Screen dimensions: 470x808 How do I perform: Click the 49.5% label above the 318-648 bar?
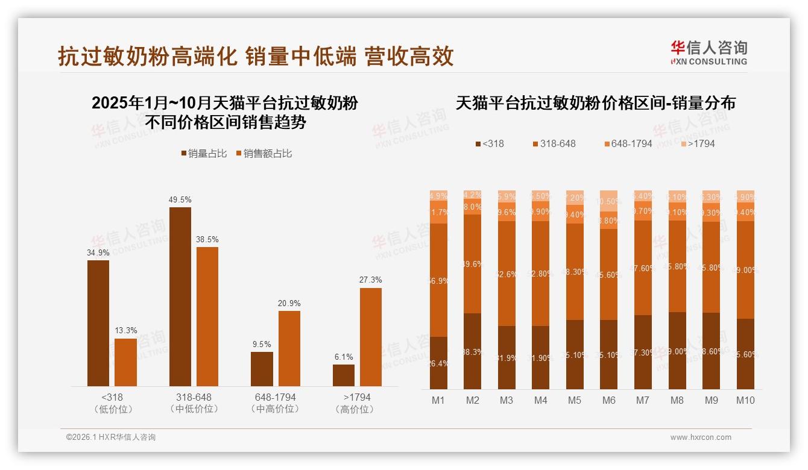(180, 199)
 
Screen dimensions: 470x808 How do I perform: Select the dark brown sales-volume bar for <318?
(98, 323)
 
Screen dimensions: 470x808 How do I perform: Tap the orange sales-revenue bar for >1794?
(371, 337)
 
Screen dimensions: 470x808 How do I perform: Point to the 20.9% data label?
(289, 303)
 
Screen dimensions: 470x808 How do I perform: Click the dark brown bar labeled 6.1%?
(344, 375)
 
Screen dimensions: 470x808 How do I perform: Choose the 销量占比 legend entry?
(204, 154)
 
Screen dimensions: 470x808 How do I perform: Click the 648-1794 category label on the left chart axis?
(275, 398)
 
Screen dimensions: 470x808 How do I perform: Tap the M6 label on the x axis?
(609, 400)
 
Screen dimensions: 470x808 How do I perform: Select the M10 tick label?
(745, 400)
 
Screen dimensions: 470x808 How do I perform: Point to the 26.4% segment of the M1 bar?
(438, 363)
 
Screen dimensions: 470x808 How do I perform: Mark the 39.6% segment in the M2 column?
(473, 264)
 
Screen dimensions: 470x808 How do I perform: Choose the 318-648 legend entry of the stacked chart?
(554, 144)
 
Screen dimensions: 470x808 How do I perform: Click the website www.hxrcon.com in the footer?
(701, 437)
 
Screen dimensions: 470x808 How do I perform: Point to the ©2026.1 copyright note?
(111, 437)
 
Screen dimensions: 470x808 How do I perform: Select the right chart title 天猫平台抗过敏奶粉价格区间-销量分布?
(595, 103)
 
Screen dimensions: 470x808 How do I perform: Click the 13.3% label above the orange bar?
(125, 330)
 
